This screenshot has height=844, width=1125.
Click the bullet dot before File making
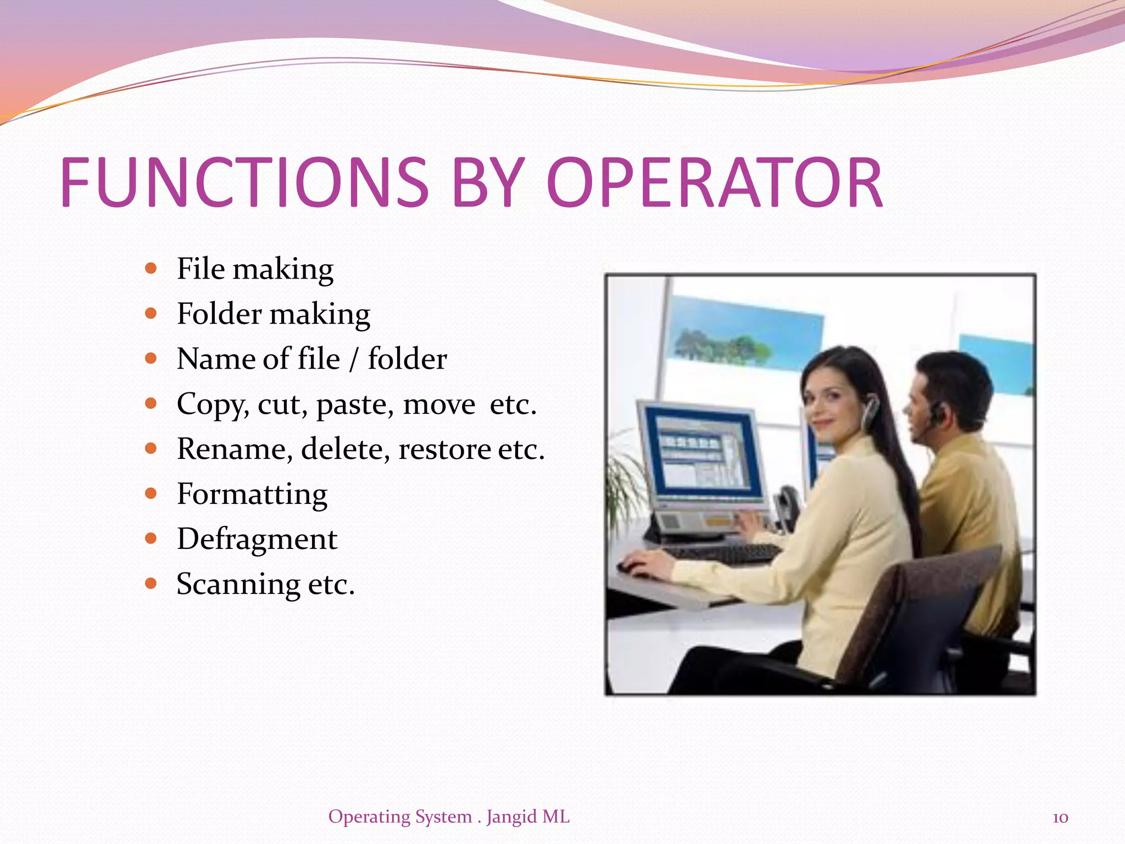[151, 269]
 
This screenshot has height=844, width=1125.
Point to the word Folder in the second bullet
[219, 314]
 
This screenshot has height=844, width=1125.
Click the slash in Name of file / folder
[353, 360]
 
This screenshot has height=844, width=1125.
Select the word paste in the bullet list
[354, 405]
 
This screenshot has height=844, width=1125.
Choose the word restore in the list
[444, 449]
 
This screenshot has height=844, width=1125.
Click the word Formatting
[252, 494]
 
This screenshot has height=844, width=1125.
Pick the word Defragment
[257, 539]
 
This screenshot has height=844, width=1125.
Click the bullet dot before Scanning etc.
[151, 583]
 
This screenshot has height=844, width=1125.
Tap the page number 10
[1060, 818]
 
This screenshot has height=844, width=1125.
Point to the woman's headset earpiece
[869, 412]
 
